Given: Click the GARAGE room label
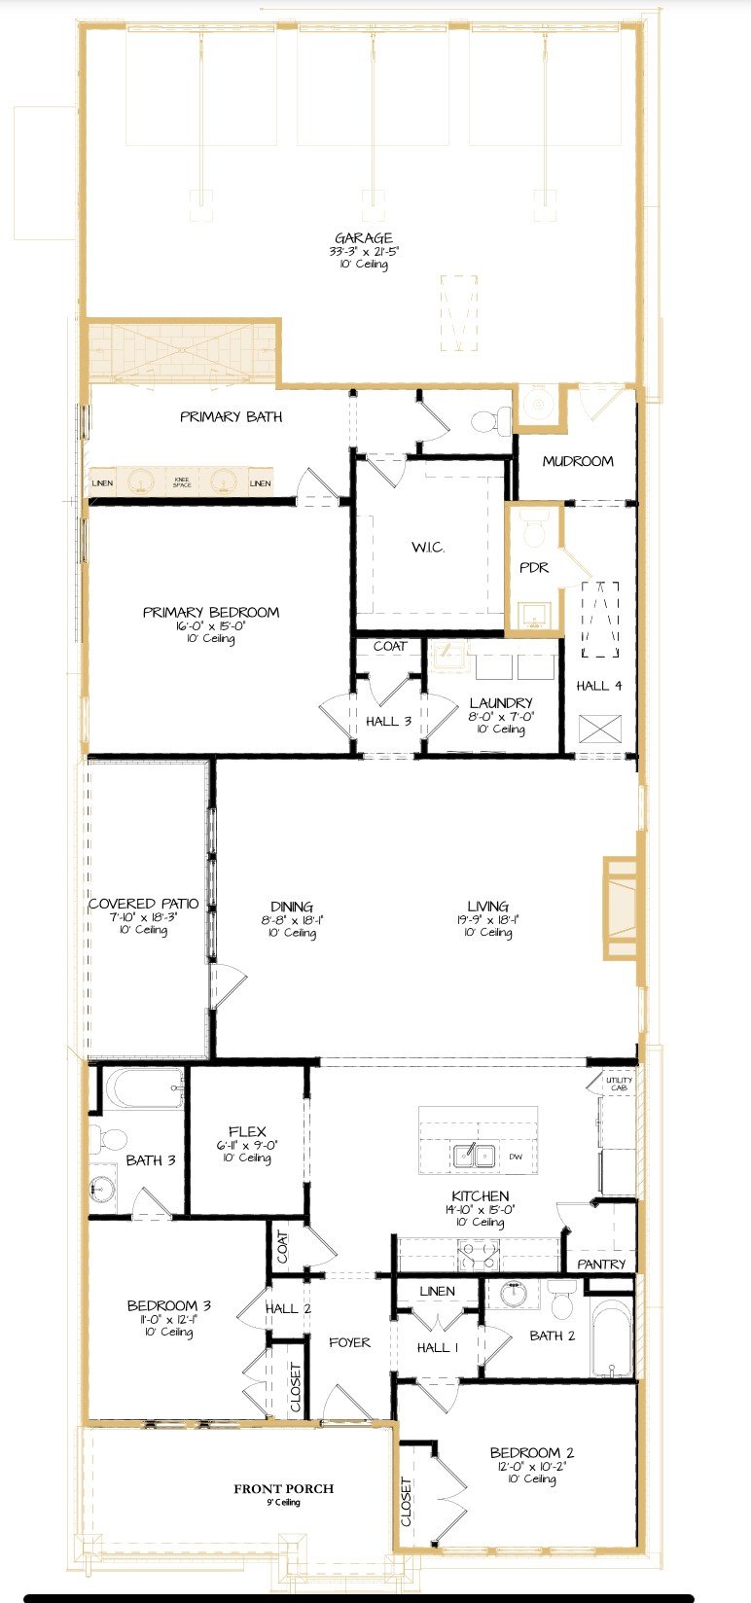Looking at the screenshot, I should click(364, 238).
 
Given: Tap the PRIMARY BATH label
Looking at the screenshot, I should click(232, 416).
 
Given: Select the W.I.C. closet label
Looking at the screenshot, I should click(428, 548).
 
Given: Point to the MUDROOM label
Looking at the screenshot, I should click(578, 461).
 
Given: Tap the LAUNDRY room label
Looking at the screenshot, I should click(500, 702).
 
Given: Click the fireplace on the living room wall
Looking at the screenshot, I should click(620, 908).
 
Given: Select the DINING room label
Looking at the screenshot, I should click(292, 907).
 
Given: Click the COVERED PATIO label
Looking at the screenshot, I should click(144, 904).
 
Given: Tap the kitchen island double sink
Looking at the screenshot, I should click(475, 1156).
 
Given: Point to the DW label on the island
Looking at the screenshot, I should click(516, 1157).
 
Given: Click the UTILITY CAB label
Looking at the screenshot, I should click(619, 1084).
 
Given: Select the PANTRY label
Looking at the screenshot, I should click(601, 1264).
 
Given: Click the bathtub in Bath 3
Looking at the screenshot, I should click(144, 1088).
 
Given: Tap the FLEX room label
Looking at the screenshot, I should click(247, 1131).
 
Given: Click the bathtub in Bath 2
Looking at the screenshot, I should click(611, 1338).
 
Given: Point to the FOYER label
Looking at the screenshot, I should click(349, 1342).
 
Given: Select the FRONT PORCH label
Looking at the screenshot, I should click(283, 1488).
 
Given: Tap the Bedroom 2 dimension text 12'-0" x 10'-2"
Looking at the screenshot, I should click(532, 1466).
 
